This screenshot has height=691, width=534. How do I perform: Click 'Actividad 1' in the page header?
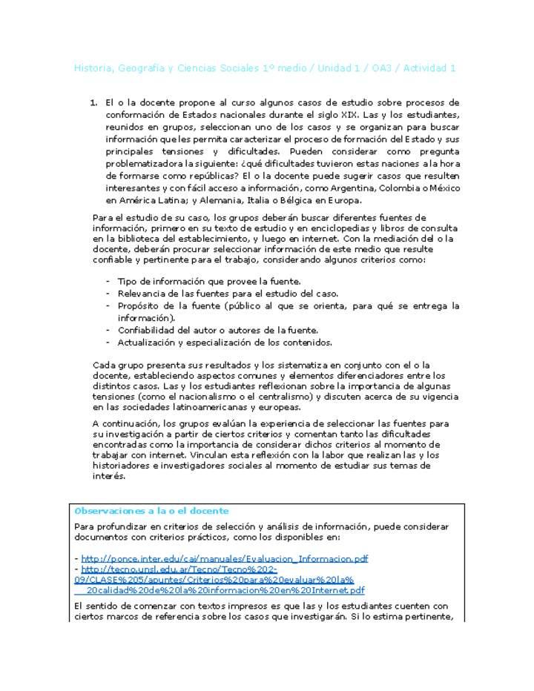point(427,68)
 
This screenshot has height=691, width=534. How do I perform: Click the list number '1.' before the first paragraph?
point(94,102)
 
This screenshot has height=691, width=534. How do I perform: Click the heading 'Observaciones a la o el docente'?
point(152,511)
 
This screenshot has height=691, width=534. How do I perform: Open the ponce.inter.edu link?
point(225,558)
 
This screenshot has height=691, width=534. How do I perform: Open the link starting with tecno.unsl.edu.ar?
point(222,580)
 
